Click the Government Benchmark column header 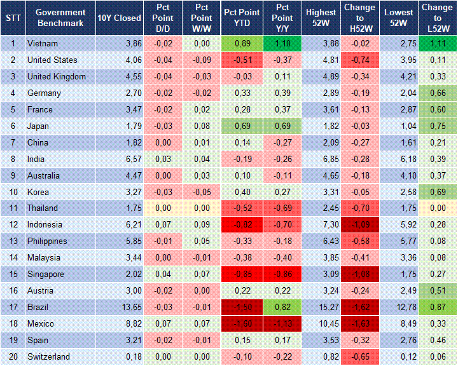[60, 18]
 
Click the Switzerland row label [48, 357]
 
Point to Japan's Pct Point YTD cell [241, 126]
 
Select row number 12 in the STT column [13, 225]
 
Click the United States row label [52, 60]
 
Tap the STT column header [13, 18]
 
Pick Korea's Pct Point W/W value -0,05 [202, 192]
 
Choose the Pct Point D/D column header [162, 18]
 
